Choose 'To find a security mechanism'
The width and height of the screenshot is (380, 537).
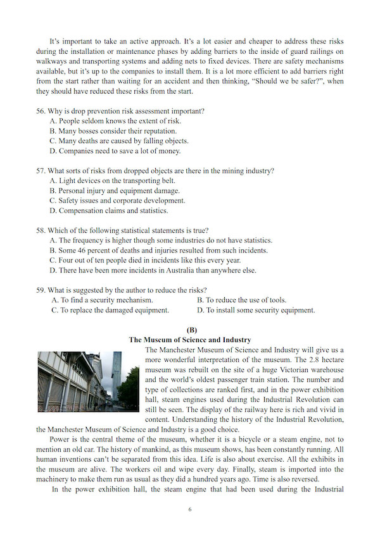coord(106,300)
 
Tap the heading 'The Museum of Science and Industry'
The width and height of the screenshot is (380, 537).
coord(190,340)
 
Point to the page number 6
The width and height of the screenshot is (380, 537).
coord(190,509)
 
